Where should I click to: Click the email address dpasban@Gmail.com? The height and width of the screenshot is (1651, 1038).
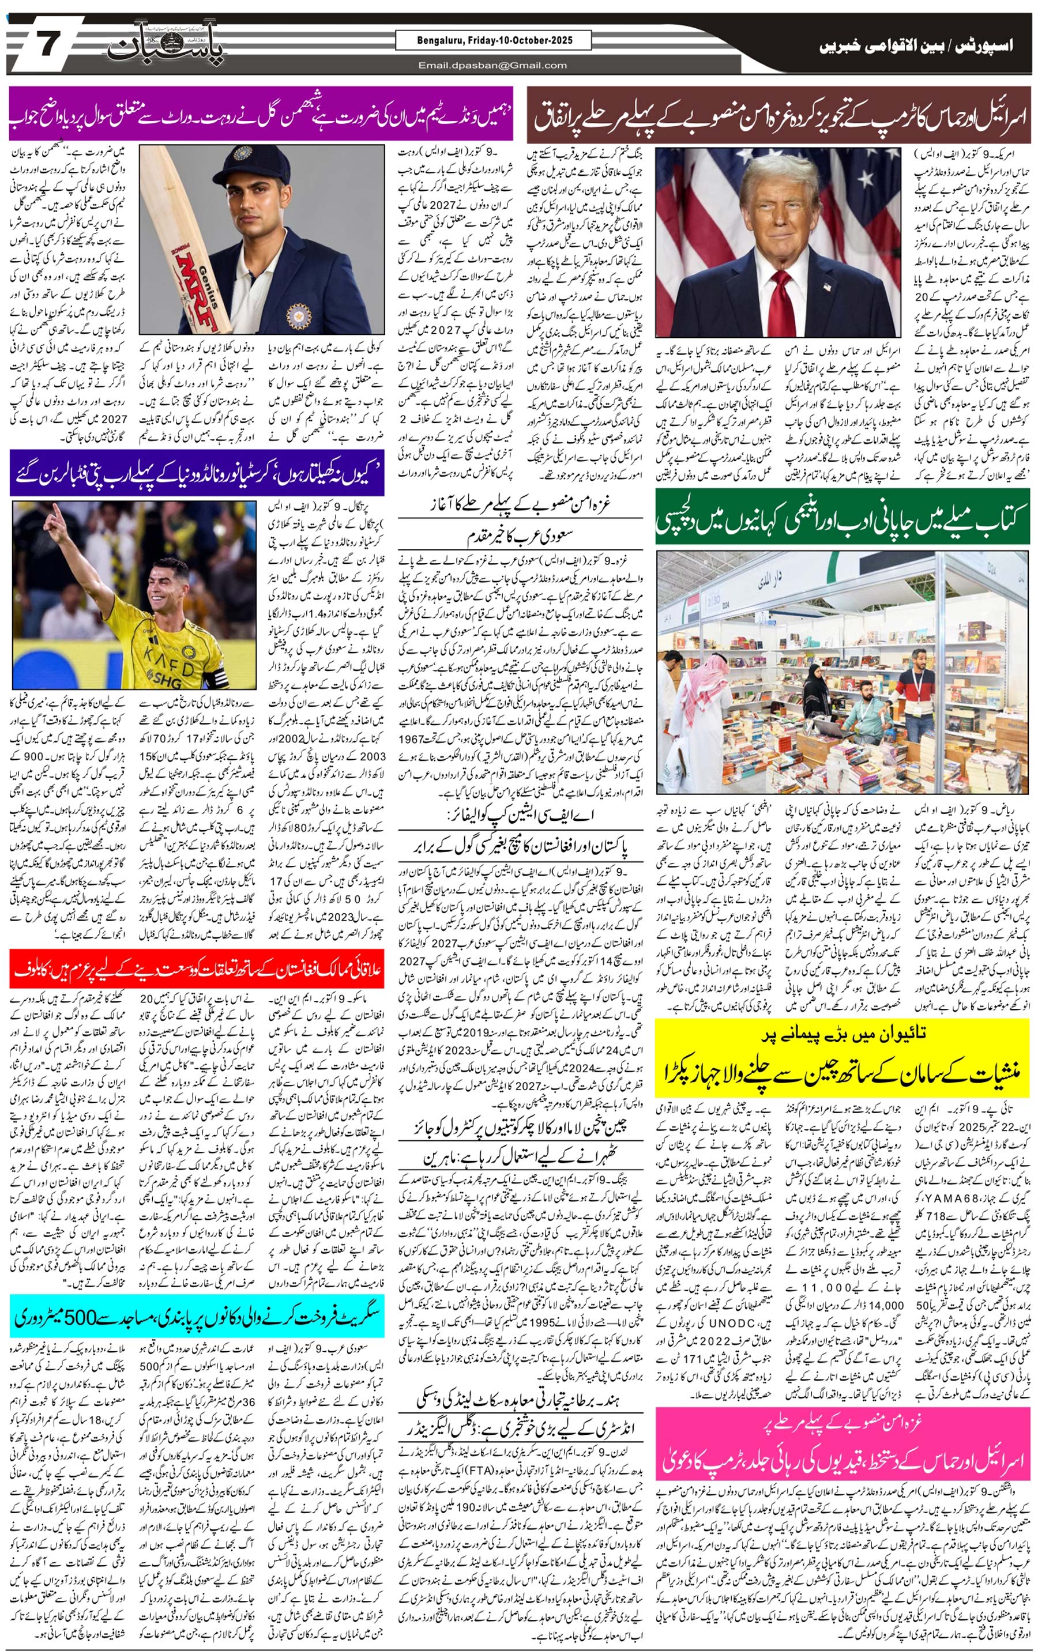click(492, 65)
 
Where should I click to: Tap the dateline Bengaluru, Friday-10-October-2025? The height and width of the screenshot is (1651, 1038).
click(494, 40)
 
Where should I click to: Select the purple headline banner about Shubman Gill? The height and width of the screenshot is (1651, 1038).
click(261, 122)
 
